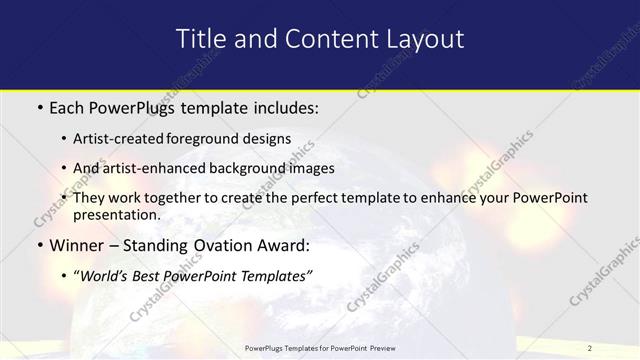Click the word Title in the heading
coord(201,39)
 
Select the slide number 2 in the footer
coord(590,348)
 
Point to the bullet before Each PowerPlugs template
coord(39,105)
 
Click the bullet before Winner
coord(39,244)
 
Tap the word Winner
coord(78,244)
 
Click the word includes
coord(285,105)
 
